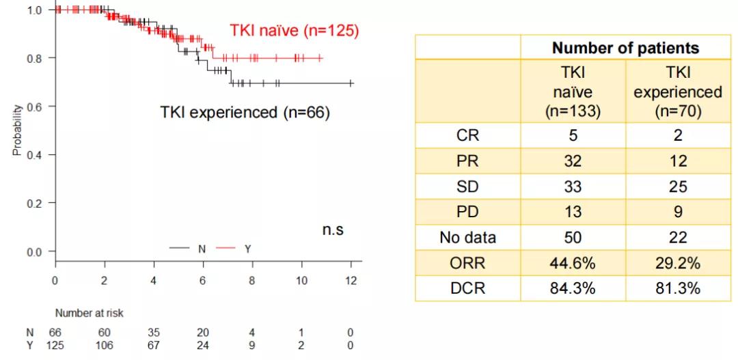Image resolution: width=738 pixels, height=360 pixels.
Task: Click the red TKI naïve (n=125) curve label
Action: click(x=293, y=31)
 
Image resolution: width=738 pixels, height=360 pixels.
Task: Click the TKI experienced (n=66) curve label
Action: click(x=245, y=113)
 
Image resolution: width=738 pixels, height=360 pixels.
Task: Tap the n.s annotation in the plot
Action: click(x=333, y=230)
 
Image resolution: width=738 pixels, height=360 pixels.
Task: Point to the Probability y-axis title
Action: click(x=17, y=130)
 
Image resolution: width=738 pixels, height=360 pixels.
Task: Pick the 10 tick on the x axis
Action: click(x=301, y=280)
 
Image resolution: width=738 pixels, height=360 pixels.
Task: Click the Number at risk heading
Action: click(x=90, y=313)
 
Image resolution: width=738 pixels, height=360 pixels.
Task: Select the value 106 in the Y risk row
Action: click(x=105, y=345)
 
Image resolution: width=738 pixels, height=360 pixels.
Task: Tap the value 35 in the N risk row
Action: click(x=154, y=332)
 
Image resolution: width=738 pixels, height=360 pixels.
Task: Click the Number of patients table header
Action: click(x=625, y=48)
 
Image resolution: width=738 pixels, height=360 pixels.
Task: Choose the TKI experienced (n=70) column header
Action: click(x=677, y=92)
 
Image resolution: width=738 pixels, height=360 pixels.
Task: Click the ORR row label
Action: click(x=468, y=263)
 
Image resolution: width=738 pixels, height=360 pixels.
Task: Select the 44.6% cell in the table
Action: click(x=573, y=263)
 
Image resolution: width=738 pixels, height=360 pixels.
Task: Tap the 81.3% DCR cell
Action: click(x=677, y=288)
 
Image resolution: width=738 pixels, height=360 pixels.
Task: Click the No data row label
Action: click(x=468, y=238)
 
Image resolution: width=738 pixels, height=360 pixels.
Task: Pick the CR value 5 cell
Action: click(x=573, y=135)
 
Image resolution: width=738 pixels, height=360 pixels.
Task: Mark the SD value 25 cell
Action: click(x=677, y=186)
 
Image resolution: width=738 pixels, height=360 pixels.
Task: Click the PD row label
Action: click(x=468, y=212)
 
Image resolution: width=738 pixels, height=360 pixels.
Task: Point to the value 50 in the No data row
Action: click(x=573, y=238)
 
